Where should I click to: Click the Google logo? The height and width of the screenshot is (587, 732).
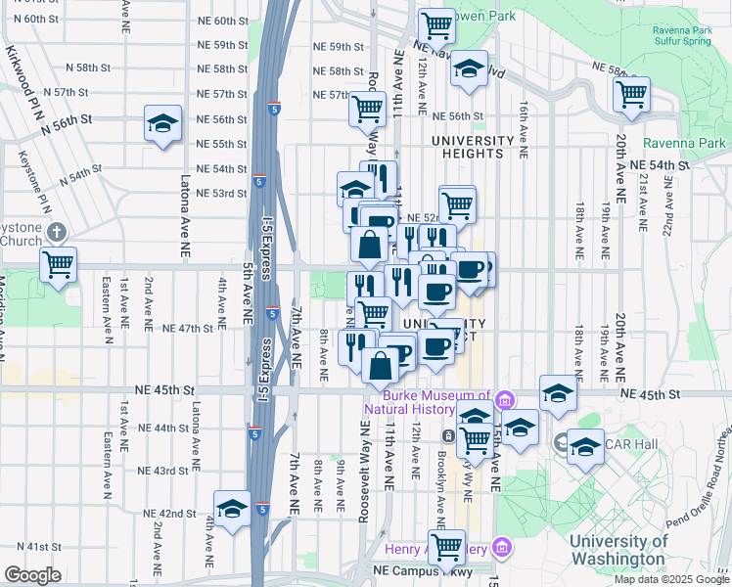(x=32, y=575)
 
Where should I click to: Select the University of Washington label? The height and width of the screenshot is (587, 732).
(x=618, y=550)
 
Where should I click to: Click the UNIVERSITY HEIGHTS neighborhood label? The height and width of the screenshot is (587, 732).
(x=473, y=146)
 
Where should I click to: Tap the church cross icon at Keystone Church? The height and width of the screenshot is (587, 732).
(x=56, y=232)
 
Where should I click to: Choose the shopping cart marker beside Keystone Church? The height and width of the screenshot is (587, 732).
(x=59, y=262)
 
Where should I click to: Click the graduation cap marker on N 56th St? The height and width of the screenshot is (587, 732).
(x=162, y=123)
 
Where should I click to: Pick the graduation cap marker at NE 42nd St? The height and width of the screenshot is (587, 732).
(x=233, y=508)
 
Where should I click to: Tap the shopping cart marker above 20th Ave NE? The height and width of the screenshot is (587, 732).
(x=632, y=94)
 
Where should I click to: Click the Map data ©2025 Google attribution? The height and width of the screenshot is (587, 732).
(x=670, y=578)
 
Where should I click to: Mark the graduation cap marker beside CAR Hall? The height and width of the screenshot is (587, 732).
(x=585, y=446)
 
